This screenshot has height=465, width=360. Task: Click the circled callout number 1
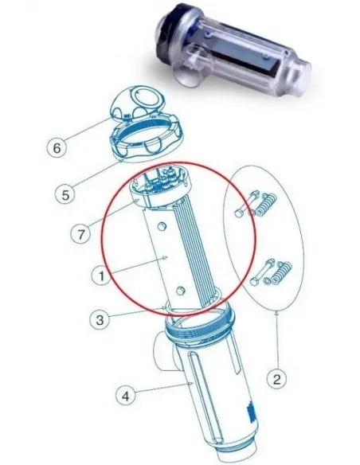point(101,275)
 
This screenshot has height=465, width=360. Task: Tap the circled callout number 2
point(276,379)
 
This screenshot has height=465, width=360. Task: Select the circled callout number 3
point(100,320)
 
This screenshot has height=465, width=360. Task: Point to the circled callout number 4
point(126,396)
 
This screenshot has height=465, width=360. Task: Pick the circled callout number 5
point(65,195)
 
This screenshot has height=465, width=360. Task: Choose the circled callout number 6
point(57,147)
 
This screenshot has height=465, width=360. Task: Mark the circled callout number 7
point(80,234)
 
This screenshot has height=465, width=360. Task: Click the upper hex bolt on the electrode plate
point(162,228)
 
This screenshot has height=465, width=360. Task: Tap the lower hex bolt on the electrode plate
point(180,291)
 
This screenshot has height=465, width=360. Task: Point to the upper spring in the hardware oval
point(266,205)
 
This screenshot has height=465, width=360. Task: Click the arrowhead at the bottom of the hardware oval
point(276,311)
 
